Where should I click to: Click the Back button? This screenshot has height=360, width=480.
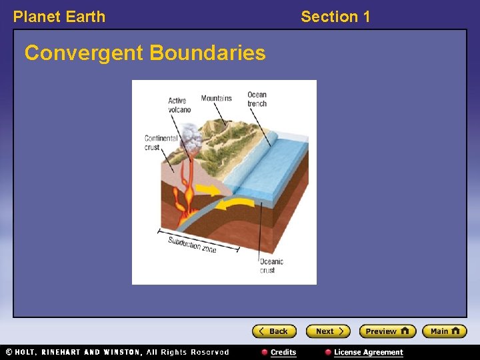click(274, 331)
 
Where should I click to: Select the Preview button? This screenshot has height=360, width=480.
click(387, 331)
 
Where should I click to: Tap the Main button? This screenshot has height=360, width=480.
click(445, 331)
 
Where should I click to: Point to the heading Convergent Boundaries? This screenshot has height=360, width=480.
click(145, 53)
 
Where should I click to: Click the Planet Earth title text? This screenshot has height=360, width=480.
click(59, 17)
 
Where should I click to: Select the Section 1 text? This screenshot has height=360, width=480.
click(335, 17)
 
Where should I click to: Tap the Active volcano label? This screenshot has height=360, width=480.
click(179, 105)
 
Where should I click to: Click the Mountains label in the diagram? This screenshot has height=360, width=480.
click(217, 99)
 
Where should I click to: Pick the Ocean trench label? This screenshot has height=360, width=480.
click(257, 99)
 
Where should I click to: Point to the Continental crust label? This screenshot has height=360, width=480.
click(161, 143)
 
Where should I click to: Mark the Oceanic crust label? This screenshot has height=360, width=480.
click(271, 265)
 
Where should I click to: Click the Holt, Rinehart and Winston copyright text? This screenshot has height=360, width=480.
click(117, 352)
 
